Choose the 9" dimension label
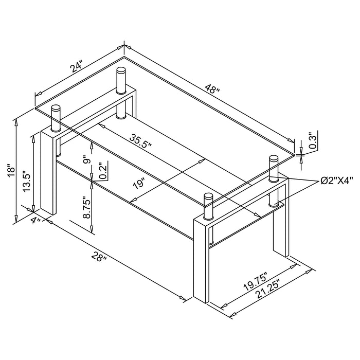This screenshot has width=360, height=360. point(86,160)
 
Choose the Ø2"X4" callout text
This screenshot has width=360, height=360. point(337,181)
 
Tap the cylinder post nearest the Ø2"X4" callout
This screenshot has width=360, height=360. point(273,170)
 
